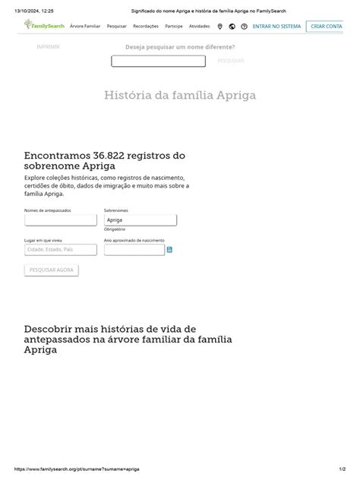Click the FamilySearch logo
coord(44,26)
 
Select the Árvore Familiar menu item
coord(85,26)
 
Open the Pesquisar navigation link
coord(116,26)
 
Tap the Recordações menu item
coord(145,26)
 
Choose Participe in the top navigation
coord(173,26)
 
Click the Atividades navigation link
coord(199,26)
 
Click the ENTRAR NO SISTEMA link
coord(276,26)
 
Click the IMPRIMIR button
coord(48,47)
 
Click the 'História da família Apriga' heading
coord(180,96)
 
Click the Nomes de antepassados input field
coord(61,219)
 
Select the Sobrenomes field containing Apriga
coord(140,219)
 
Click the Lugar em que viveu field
coord(61,249)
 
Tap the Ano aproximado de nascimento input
coord(134,249)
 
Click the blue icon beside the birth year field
coord(169,249)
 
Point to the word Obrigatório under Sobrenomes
coord(115,229)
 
